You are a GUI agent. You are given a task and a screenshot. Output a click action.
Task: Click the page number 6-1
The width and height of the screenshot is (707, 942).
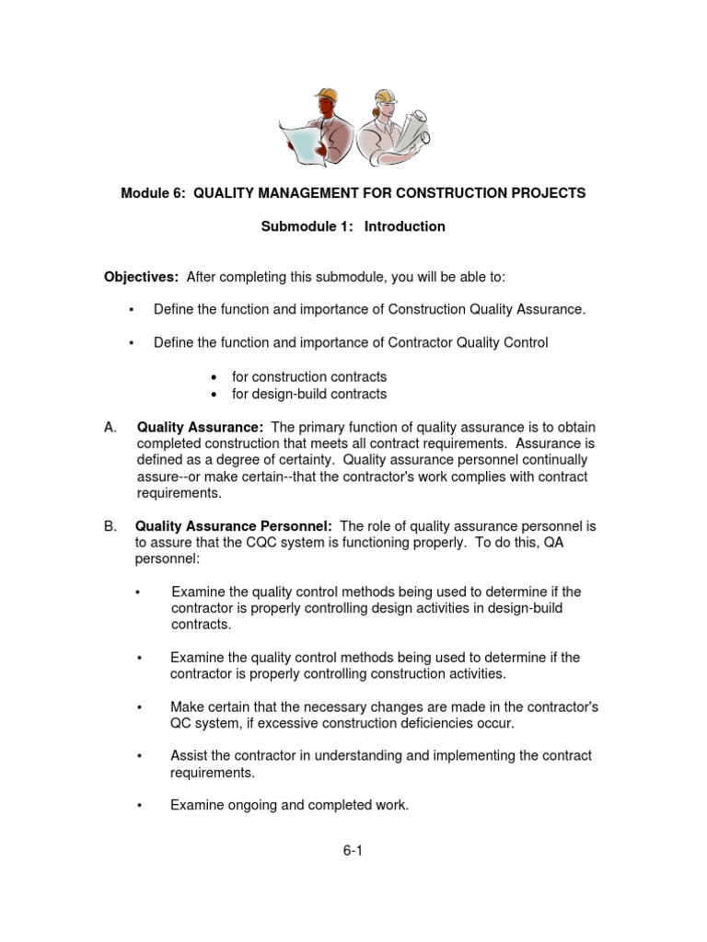pos(353,851)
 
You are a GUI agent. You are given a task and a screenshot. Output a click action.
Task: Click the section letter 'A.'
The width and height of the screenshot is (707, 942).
pos(111,427)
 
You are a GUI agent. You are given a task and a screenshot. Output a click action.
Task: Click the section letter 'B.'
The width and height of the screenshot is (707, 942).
pos(111,526)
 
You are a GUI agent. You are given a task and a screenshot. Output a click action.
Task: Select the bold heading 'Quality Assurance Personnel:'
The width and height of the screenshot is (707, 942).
pos(234,526)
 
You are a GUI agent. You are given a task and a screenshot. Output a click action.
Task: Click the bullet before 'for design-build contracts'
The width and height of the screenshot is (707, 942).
pos(214,395)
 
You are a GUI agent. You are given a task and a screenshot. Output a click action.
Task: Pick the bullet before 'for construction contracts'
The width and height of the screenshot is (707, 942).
pos(214,377)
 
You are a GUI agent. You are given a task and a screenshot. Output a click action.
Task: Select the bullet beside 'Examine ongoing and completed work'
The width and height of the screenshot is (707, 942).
pos(139,806)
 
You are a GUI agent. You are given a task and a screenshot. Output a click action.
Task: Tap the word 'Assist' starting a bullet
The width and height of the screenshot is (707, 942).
pos(188,756)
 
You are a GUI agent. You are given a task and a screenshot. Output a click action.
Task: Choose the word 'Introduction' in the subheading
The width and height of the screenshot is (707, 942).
pos(405,226)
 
